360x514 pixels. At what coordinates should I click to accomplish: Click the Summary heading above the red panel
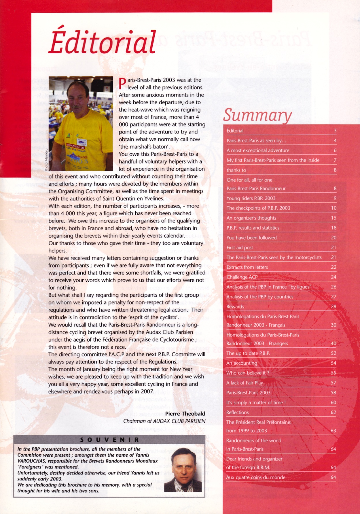[257, 115]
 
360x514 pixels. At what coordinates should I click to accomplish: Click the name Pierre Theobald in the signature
[185, 414]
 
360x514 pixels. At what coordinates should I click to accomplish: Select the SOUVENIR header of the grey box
[109, 440]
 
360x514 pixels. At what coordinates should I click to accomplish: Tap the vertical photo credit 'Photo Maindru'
[46, 160]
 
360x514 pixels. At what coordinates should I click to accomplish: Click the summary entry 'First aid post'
[240, 248]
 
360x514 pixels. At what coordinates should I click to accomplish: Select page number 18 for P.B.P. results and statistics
[334, 228]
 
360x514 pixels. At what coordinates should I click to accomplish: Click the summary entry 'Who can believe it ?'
[248, 373]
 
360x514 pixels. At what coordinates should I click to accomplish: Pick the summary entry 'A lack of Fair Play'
[245, 383]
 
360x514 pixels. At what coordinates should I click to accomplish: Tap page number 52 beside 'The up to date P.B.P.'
[334, 353]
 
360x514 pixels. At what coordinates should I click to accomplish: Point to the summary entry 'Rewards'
[235, 306]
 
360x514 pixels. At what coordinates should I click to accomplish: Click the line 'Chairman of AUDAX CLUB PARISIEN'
[164, 421]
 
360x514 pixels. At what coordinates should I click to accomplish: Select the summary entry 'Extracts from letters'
[247, 267]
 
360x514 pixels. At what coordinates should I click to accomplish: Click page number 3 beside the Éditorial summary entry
[335, 131]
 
